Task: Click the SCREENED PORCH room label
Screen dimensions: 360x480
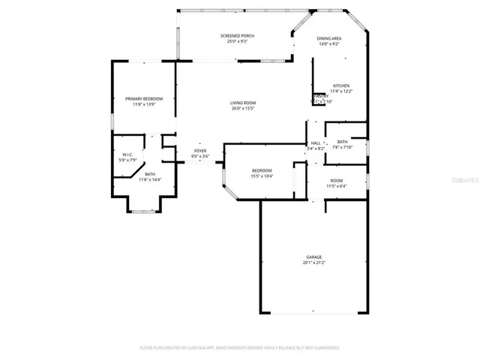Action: point(236,36)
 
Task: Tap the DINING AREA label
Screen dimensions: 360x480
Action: point(329,38)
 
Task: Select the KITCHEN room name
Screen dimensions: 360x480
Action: point(341,85)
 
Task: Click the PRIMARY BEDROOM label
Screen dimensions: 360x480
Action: point(143,98)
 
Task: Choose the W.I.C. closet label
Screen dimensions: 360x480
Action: point(128,154)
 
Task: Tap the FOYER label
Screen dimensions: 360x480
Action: point(200,151)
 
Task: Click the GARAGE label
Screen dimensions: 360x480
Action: point(313,256)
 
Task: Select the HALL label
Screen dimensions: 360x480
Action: point(316,142)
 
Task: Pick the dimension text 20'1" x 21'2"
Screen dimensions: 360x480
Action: point(313,262)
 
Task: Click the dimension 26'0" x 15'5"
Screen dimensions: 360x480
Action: point(243,109)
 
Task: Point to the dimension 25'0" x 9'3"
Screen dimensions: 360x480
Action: point(236,42)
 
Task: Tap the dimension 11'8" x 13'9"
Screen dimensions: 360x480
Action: point(143,104)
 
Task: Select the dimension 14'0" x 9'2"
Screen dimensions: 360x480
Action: point(329,44)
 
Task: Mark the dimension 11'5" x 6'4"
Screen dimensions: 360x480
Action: point(337,186)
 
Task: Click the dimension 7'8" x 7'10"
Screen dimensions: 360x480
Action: point(342,147)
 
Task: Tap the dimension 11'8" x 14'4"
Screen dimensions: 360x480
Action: point(150,180)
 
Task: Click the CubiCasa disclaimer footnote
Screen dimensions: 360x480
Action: point(240,348)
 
